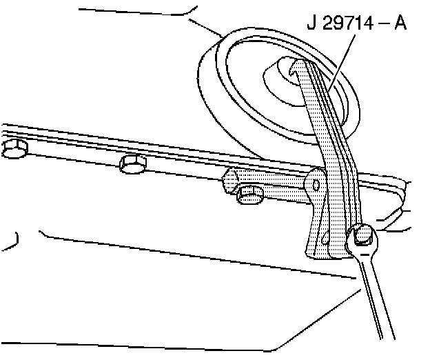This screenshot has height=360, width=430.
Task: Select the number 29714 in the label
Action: [x=347, y=26]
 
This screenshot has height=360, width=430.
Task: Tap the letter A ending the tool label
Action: [x=399, y=26]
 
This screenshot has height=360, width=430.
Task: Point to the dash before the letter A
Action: [x=380, y=26]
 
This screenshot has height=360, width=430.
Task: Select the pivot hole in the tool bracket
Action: [x=316, y=185]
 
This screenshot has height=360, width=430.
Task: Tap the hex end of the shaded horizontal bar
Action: [x=229, y=184]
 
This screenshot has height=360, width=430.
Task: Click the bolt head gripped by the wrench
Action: [x=365, y=237]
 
